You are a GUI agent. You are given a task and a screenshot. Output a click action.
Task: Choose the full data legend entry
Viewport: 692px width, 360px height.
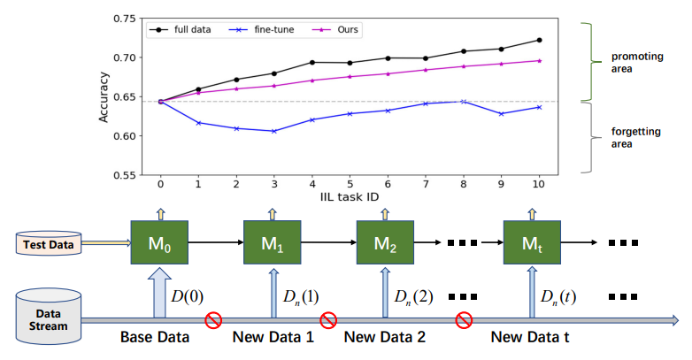point(185,30)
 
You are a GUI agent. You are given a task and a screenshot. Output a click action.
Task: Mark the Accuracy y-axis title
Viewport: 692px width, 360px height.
point(104,96)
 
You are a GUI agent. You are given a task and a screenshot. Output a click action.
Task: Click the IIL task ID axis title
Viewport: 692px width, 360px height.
point(350,198)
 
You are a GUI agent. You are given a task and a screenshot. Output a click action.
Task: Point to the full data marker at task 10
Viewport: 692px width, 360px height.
point(539,40)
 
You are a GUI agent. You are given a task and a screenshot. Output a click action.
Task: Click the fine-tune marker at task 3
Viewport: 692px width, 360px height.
point(274,131)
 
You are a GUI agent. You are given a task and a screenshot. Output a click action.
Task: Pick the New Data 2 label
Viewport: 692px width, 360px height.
point(385,338)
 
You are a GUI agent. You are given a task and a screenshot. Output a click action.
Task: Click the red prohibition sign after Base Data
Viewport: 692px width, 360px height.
point(212,318)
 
